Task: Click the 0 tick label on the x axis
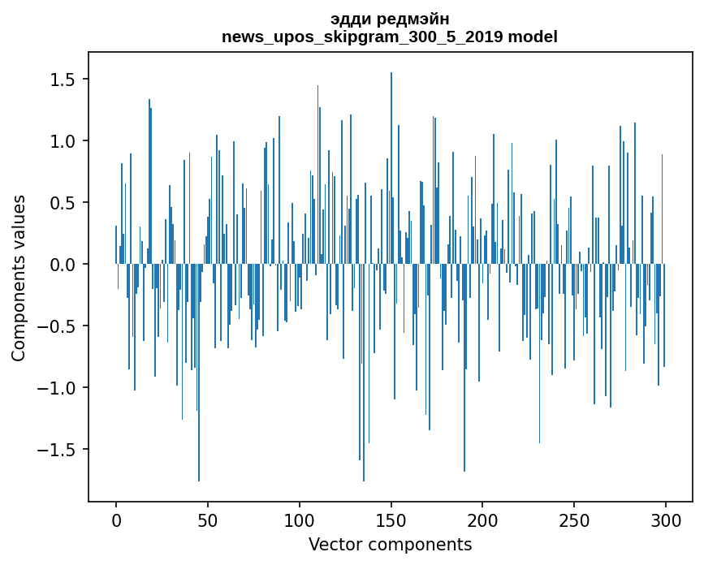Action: [x=116, y=519]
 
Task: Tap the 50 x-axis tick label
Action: [x=208, y=519]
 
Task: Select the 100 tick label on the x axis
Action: [x=300, y=519]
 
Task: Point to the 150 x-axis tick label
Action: [x=391, y=519]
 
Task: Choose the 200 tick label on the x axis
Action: [x=482, y=519]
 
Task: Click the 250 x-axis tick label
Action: [x=574, y=519]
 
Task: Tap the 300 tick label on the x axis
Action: [x=666, y=519]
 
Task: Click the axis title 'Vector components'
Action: [x=390, y=544]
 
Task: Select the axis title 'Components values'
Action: [x=19, y=278]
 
